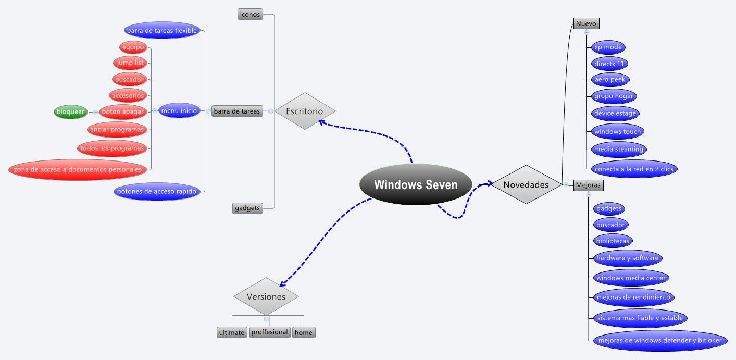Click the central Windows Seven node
pos(416,184)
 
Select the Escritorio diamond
pos(305,111)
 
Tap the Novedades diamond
pos(526,184)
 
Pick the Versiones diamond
pos(266,296)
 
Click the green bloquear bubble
pos(71,111)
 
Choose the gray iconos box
pos(250,15)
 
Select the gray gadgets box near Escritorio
pos(247,208)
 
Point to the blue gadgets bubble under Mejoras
pos(609,208)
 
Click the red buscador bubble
pos(129,79)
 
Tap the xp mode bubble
pos(608,47)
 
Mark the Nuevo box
pos(586,23)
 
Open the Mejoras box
pos(588,185)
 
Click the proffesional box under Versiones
pos(269,332)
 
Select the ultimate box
pos(232,332)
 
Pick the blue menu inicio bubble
pos(179,110)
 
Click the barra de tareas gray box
pos(237,111)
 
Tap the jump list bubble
pos(130,63)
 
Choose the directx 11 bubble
pos(609,64)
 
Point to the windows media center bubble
pos(631,278)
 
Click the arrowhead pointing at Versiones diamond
pos(282,284)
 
